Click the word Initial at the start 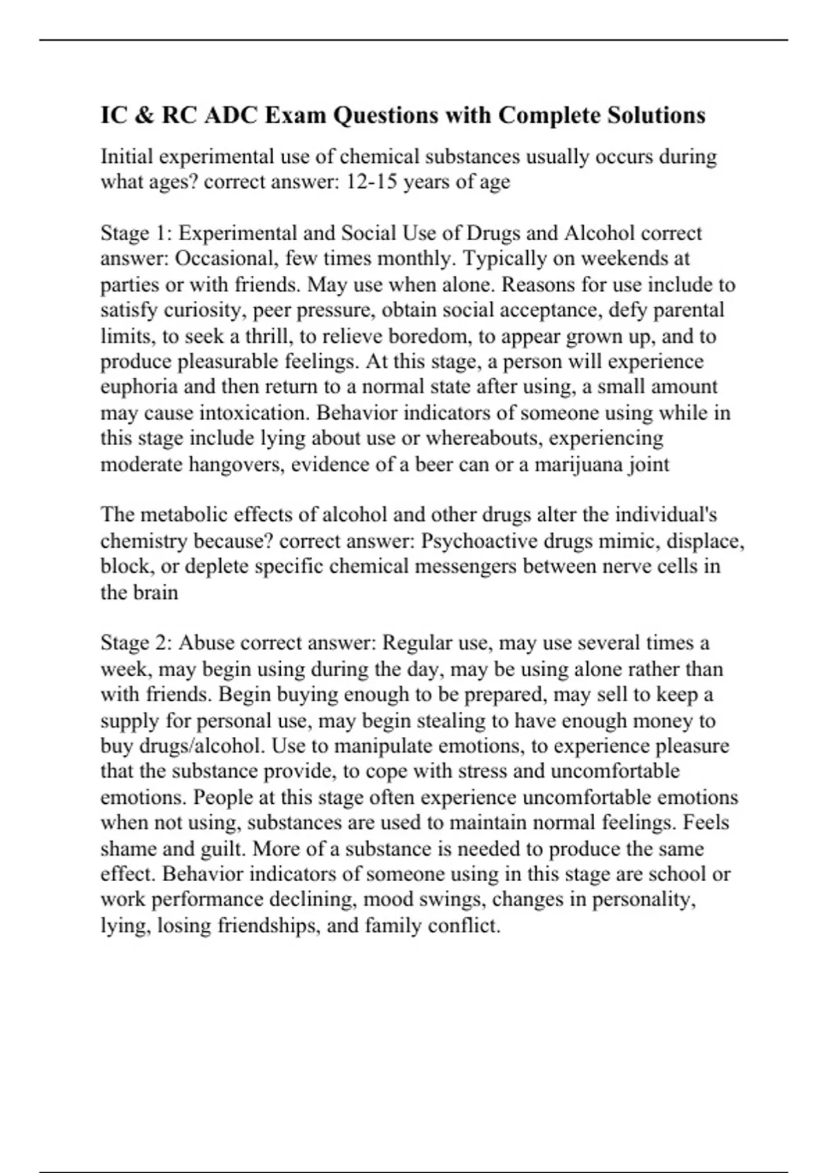pyautogui.click(x=127, y=157)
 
